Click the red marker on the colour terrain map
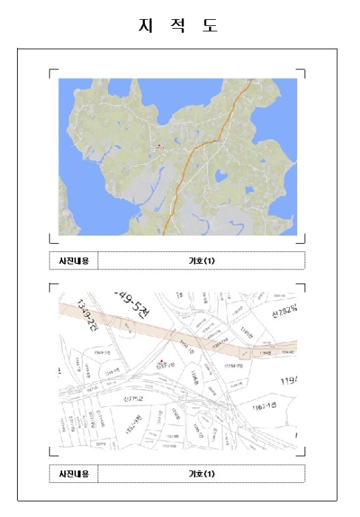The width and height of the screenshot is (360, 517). click(158, 145)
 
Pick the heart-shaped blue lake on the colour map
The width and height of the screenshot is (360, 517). click(220, 177)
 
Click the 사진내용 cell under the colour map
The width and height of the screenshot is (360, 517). click(74, 261)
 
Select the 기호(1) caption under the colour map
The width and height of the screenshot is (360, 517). click(201, 261)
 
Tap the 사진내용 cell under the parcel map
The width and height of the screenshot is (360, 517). click(74, 473)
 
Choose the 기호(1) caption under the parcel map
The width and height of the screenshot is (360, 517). click(201, 473)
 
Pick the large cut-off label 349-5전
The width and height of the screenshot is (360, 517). click(135, 301)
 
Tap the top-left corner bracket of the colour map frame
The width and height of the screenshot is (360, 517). click(52, 72)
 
